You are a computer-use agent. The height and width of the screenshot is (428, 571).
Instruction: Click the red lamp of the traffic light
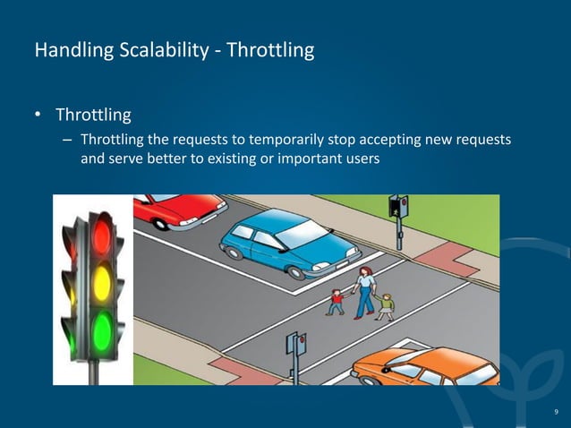click(x=101, y=236)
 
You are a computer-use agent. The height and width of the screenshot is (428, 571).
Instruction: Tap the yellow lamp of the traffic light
click(x=101, y=283)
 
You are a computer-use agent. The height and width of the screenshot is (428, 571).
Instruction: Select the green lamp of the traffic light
click(x=101, y=330)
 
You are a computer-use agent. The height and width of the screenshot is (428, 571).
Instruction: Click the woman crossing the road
click(x=365, y=292)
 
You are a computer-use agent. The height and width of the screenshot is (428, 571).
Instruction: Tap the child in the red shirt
click(x=336, y=302)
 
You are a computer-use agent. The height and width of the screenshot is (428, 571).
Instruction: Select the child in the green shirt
click(x=386, y=306)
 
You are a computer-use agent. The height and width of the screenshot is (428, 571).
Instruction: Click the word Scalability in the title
click(x=160, y=50)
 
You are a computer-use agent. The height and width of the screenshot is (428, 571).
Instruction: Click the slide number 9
click(x=555, y=411)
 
